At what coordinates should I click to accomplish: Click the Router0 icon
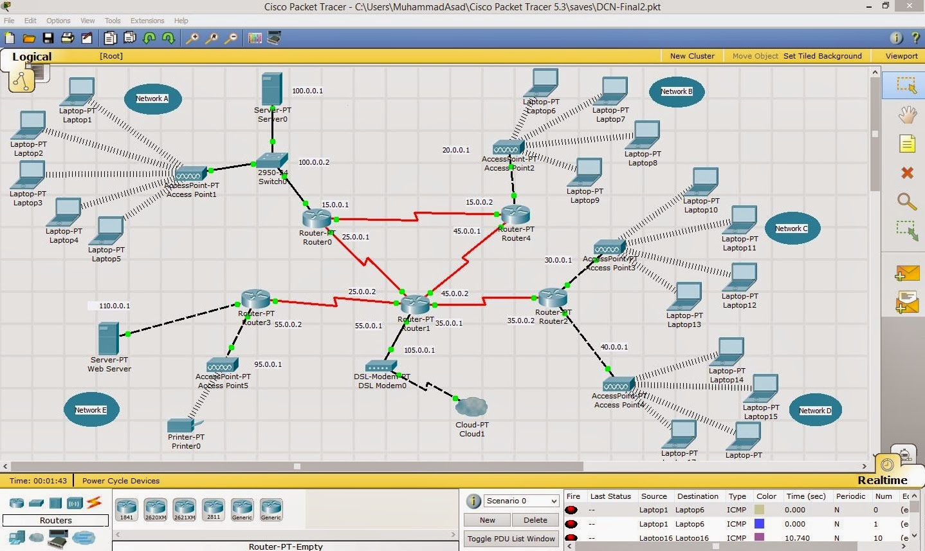pyautogui.click(x=316, y=218)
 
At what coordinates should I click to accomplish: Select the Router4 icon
pyautogui.click(x=515, y=214)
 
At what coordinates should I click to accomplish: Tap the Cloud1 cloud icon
pyautogui.click(x=472, y=407)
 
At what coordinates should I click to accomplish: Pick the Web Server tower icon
pyautogui.click(x=109, y=339)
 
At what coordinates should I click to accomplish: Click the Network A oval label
pyautogui.click(x=152, y=98)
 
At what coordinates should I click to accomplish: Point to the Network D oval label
pyautogui.click(x=815, y=411)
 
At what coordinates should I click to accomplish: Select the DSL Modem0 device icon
pyautogui.click(x=381, y=366)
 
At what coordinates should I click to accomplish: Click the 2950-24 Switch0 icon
pyautogui.click(x=272, y=160)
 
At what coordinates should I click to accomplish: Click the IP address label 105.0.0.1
pyautogui.click(x=419, y=350)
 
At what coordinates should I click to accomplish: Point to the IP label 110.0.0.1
pyautogui.click(x=114, y=306)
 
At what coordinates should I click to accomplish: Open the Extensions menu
pyautogui.click(x=147, y=21)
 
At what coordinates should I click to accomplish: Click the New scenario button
pyautogui.click(x=487, y=520)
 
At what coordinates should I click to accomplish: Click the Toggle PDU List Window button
pyautogui.click(x=511, y=539)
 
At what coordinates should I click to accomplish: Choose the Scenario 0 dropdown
pyautogui.click(x=521, y=501)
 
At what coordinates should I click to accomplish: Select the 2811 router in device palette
pyautogui.click(x=213, y=509)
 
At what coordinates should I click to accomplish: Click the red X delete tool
pyautogui.click(x=907, y=173)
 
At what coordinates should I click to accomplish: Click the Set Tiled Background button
pyautogui.click(x=822, y=56)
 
